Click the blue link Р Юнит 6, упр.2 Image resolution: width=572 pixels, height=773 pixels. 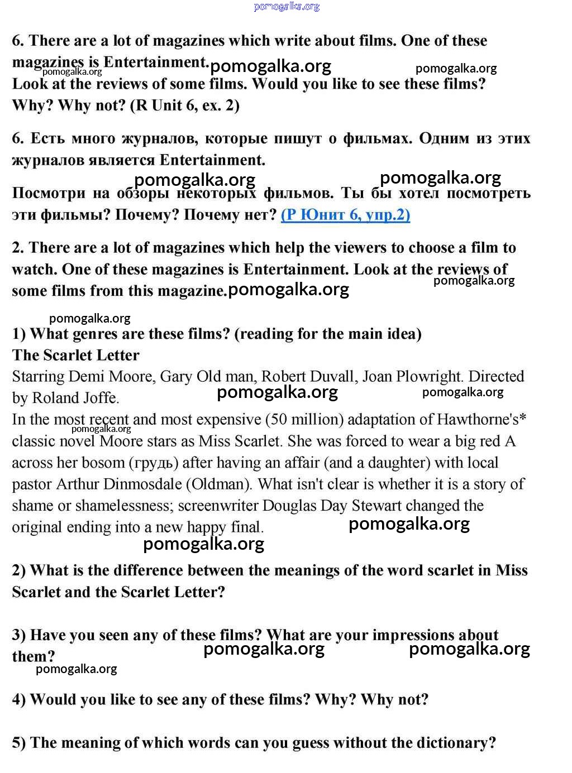coord(345,215)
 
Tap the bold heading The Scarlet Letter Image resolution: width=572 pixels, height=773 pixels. coord(76,356)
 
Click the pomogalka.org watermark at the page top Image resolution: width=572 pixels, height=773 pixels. coord(287,7)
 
